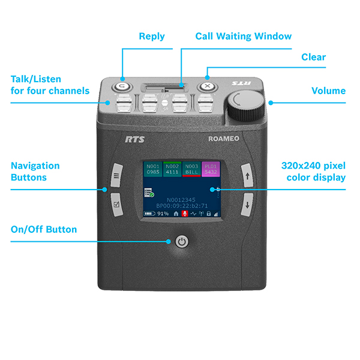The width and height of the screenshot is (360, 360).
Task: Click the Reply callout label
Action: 152,37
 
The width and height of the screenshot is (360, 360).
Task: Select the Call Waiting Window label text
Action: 244,37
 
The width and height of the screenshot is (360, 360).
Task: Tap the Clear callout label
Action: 313,58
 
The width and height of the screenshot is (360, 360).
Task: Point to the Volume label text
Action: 328,91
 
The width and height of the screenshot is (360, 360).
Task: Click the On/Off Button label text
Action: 44,230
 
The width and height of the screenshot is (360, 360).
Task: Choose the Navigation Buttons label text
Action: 35,171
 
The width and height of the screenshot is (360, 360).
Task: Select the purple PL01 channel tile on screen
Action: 210,170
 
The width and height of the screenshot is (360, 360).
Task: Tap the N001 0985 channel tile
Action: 153,170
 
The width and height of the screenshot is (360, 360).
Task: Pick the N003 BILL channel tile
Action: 191,170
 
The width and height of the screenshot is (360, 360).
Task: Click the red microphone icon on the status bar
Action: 184,214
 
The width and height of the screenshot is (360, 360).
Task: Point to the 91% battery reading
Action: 163,214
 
